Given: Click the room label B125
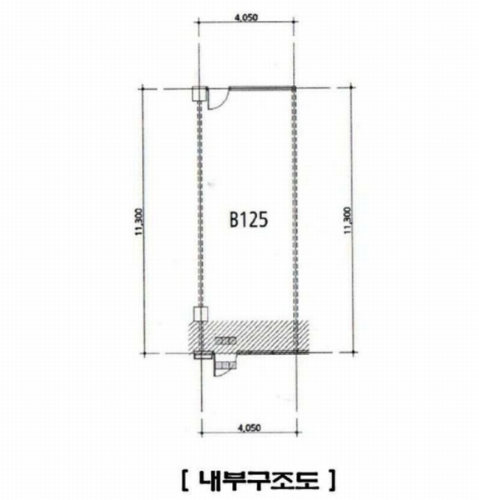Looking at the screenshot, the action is (249, 220).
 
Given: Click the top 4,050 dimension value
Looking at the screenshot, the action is (246, 17).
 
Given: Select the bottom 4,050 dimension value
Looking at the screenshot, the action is (249, 427).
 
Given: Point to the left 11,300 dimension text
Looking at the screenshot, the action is (139, 222).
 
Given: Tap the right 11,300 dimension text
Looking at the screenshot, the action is (347, 220).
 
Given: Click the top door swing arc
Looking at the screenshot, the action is (221, 102).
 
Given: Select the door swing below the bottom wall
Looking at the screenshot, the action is (225, 370).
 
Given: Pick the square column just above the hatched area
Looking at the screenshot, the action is (201, 314).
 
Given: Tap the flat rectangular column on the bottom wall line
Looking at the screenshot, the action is (203, 355).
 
